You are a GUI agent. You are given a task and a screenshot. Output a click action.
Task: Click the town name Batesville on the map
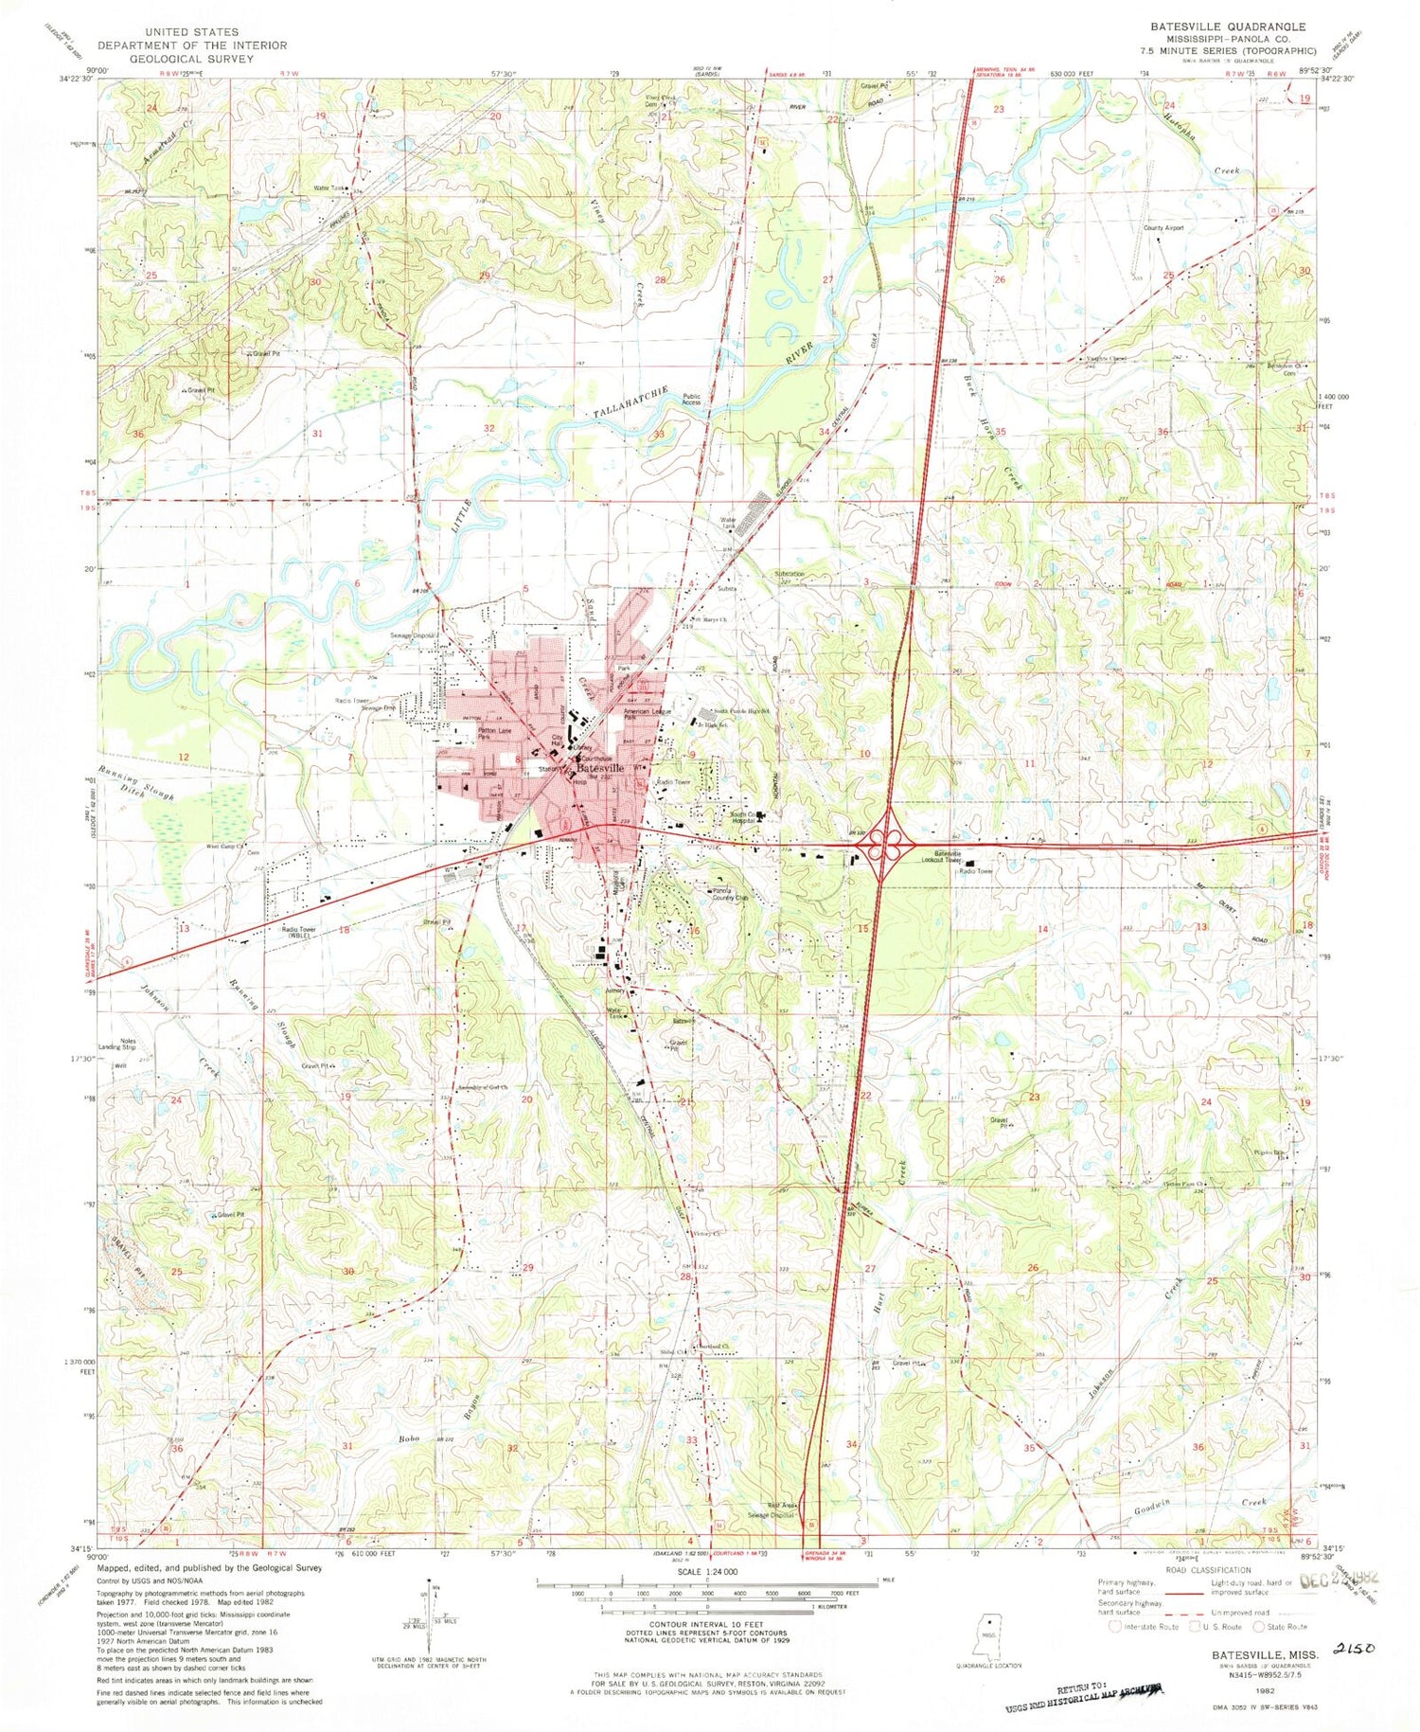[x=595, y=768]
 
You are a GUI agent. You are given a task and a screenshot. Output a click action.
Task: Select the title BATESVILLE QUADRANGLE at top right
[x=1214, y=27]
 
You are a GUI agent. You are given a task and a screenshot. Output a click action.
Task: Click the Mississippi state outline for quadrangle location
[x=989, y=1628]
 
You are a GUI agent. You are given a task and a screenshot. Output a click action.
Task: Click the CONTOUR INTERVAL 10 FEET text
[x=698, y=1624]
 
